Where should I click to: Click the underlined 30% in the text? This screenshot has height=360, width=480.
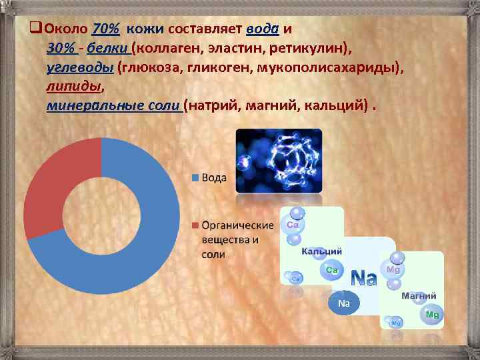(x=60, y=49)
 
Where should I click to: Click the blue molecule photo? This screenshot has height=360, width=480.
(x=279, y=160)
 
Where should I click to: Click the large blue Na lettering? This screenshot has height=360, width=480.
(x=363, y=277)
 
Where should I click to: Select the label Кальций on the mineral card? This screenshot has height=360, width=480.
(x=322, y=251)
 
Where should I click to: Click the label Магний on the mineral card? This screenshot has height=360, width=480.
(x=419, y=295)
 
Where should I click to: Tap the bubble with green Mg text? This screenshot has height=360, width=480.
(x=432, y=314)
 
